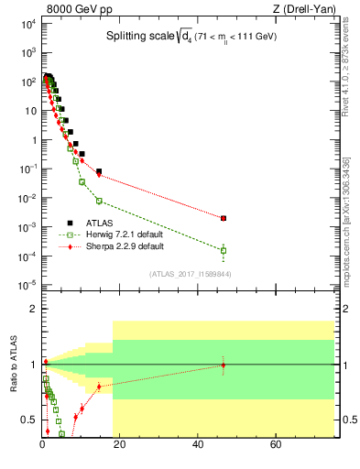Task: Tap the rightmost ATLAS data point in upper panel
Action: (x=224, y=218)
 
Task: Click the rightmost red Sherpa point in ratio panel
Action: (x=224, y=365)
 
